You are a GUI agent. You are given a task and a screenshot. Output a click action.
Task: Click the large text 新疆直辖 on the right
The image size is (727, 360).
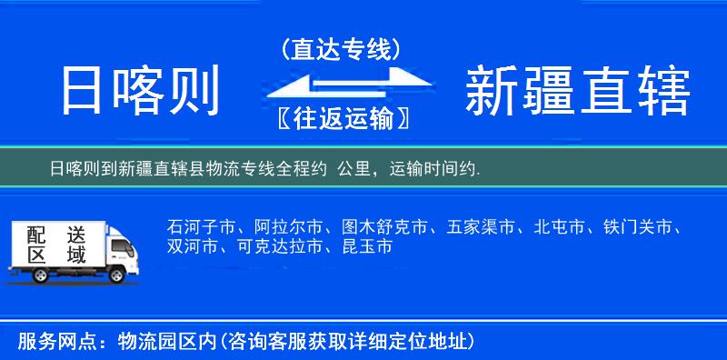[578, 90]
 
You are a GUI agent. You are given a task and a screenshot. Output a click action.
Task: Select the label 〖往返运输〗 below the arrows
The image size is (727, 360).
[342, 118]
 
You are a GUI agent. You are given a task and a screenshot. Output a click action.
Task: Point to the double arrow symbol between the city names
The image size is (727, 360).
[342, 84]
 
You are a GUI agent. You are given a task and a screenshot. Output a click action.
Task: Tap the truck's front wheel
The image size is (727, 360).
[116, 273]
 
